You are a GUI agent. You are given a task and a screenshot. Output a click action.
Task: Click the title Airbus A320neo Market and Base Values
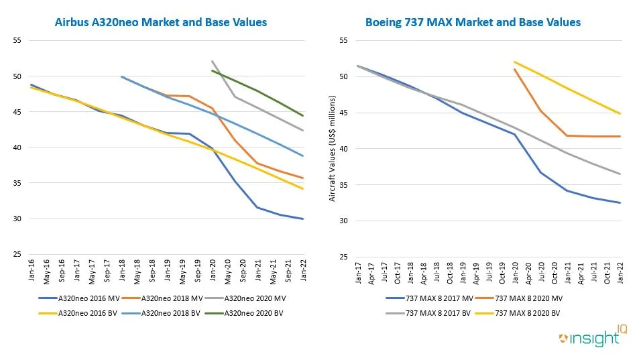[160, 22]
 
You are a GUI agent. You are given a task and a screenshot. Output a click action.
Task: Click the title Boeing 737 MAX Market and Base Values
[473, 22]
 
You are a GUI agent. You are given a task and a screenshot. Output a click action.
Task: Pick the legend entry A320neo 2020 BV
[255, 312]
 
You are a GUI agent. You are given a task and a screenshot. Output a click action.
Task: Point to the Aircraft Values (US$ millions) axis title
[333, 148]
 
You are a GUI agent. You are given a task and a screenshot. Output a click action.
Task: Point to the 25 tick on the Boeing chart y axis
[345, 257]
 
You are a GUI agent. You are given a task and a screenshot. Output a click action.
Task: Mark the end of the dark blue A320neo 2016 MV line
[303, 219]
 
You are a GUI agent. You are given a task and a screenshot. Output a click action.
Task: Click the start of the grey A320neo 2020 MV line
[212, 61]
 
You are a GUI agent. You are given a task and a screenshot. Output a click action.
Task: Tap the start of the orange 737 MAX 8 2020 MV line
[515, 69]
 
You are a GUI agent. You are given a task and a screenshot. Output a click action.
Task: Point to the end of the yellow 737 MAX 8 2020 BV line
[620, 113]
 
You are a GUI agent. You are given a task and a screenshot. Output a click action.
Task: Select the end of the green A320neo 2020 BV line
[303, 116]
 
